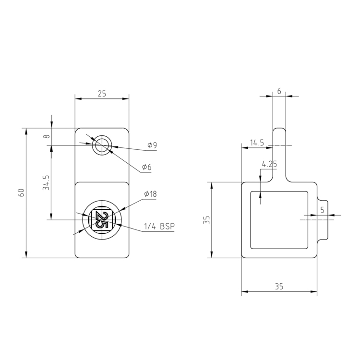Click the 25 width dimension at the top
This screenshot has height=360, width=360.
click(102, 94)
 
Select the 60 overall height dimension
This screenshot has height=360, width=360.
click(21, 192)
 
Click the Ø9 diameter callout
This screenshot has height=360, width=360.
click(152, 145)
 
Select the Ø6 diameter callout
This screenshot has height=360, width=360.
click(146, 167)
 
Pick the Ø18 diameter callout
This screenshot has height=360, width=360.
click(150, 194)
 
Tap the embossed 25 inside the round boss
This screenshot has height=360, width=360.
click(102, 220)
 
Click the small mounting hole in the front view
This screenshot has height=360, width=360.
click(102, 145)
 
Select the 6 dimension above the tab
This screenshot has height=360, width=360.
click(279, 91)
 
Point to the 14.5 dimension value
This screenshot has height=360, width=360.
click(257, 143)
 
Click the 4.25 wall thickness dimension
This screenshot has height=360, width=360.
click(269, 164)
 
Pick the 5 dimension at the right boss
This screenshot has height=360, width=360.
click(322, 210)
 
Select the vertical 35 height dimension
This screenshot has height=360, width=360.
click(206, 220)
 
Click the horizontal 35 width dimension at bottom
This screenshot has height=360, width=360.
click(279, 286)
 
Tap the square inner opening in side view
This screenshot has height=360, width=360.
click(279, 219)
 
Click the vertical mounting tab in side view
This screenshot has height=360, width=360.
click(279, 154)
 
